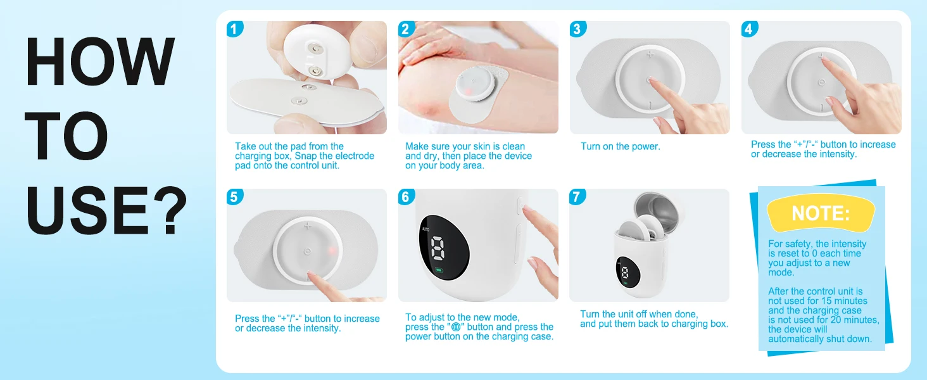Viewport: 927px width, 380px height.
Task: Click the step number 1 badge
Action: (x=235, y=29)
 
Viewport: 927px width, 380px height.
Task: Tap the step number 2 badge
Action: (x=407, y=29)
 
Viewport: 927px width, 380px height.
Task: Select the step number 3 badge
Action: (x=577, y=29)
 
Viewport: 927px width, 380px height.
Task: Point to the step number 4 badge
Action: (x=750, y=29)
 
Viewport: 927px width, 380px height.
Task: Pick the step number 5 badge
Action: (x=235, y=197)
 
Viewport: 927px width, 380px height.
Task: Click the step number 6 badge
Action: (x=407, y=197)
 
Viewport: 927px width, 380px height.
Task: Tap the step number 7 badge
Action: (x=577, y=197)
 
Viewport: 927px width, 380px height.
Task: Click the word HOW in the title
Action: (x=100, y=61)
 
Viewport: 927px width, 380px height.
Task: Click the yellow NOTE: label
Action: (x=821, y=213)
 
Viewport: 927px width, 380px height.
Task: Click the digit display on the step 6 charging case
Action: (x=438, y=248)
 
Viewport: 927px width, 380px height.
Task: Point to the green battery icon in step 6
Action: (x=438, y=270)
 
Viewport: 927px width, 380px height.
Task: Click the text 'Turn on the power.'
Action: (x=621, y=146)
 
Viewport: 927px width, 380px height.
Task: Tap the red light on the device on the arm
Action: (x=467, y=91)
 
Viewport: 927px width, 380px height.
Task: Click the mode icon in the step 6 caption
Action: (x=456, y=327)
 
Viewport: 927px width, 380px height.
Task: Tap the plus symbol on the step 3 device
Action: (x=650, y=54)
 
